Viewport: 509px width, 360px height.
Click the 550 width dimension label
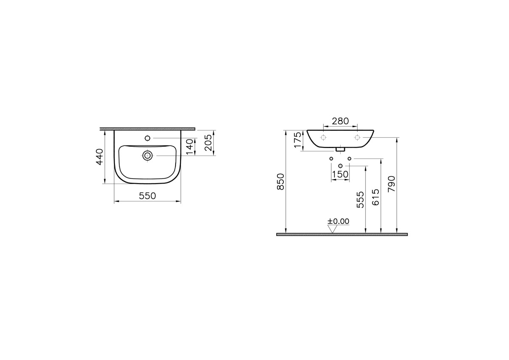click(x=148, y=195)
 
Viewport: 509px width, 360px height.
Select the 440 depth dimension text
click(x=99, y=156)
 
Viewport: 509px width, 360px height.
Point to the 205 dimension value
click(x=208, y=142)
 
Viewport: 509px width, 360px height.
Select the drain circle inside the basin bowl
click(x=148, y=156)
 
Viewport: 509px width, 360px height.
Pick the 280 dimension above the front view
click(x=340, y=121)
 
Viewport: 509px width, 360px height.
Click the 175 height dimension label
click(x=298, y=140)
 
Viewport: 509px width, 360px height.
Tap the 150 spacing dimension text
click(x=340, y=174)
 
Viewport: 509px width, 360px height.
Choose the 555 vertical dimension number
click(x=360, y=199)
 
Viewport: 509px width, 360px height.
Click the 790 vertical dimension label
click(x=392, y=184)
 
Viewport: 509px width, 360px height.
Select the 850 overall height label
click(x=280, y=181)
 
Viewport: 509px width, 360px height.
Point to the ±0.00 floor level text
click(x=338, y=221)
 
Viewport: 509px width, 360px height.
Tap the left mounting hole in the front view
click(x=323, y=137)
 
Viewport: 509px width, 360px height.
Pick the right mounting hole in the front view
click(x=357, y=137)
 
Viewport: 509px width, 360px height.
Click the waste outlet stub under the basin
click(x=340, y=149)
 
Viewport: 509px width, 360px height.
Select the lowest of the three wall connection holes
click(x=340, y=165)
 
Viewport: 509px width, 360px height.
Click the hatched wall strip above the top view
click(x=147, y=128)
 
